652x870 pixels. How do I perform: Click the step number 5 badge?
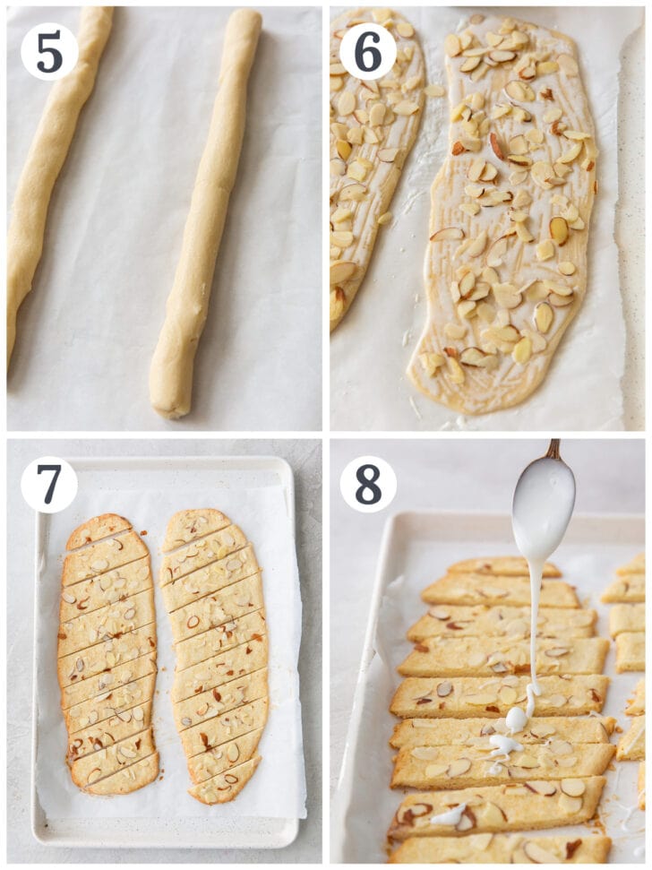click(x=48, y=51)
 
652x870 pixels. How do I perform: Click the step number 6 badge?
click(x=367, y=51)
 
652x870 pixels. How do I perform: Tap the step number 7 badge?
click(x=48, y=485)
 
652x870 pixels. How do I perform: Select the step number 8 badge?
click(x=367, y=485)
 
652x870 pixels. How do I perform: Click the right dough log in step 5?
click(x=204, y=215)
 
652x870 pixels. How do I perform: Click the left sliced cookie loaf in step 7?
click(x=107, y=654)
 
